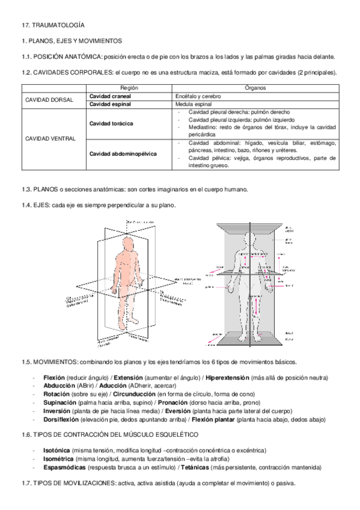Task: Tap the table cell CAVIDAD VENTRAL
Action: pos(50,138)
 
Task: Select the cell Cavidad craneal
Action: pos(111,96)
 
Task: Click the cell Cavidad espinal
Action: pos(111,103)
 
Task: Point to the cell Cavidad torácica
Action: pos(112,123)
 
